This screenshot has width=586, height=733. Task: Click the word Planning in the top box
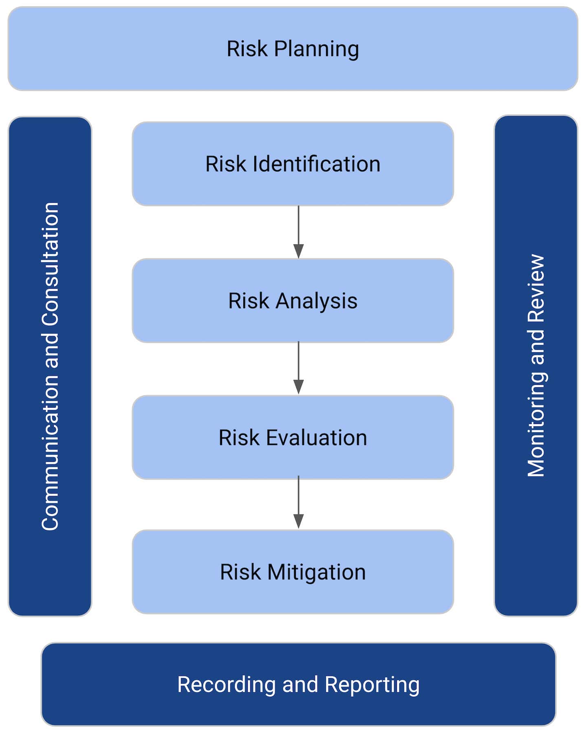click(316, 49)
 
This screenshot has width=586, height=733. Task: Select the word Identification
click(316, 164)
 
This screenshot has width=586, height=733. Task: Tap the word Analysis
click(316, 301)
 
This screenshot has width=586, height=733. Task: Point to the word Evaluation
click(316, 438)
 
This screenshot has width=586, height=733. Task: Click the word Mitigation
click(316, 572)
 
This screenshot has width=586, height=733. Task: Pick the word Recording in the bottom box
click(227, 685)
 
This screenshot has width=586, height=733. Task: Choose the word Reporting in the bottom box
click(372, 685)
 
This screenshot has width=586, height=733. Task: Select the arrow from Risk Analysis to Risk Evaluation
click(298, 368)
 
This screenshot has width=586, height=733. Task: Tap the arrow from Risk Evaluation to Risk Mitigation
click(298, 502)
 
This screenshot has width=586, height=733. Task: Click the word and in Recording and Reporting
click(300, 685)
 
